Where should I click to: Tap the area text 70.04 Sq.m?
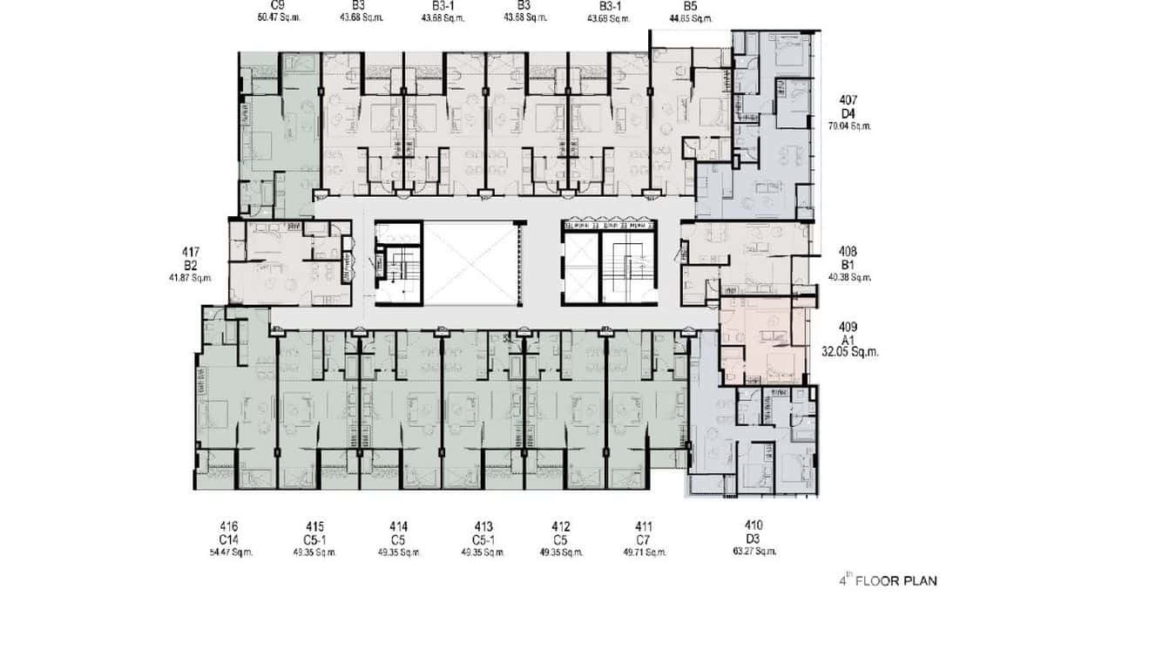coord(849,126)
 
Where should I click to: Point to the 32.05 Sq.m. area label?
coord(850,352)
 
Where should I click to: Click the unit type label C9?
coord(279,4)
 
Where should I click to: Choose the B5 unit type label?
coord(691,4)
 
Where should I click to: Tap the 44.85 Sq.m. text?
coord(691,18)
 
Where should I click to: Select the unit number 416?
coord(229,526)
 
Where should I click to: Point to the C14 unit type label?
coord(229,539)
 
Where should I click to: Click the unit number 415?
coord(314,526)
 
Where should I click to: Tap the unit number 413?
coord(483,526)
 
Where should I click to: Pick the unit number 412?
coord(561,526)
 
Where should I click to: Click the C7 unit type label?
coord(644,539)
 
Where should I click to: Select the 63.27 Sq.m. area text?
coord(754,552)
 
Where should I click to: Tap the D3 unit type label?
coord(754,538)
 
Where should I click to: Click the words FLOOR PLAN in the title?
coord(896,581)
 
